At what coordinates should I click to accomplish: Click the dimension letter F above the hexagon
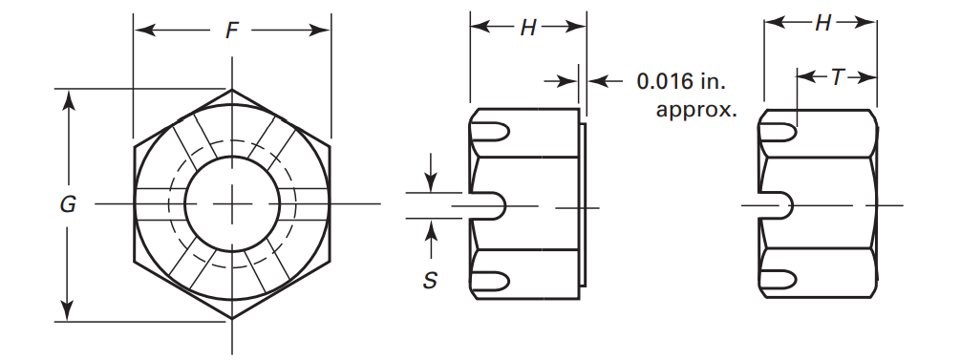point(232,32)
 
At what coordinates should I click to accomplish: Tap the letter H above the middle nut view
point(527,29)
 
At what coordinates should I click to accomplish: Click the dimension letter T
point(838,77)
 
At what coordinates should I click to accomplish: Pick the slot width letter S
point(431,282)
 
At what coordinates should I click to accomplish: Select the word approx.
point(695,109)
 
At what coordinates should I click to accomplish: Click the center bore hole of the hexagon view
point(232,205)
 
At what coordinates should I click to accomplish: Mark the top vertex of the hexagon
point(232,90)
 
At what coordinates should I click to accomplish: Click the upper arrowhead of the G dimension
point(67,98)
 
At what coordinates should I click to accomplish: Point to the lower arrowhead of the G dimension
point(67,311)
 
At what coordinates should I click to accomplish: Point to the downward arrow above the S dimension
point(431,181)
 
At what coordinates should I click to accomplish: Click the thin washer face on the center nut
point(582,205)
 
